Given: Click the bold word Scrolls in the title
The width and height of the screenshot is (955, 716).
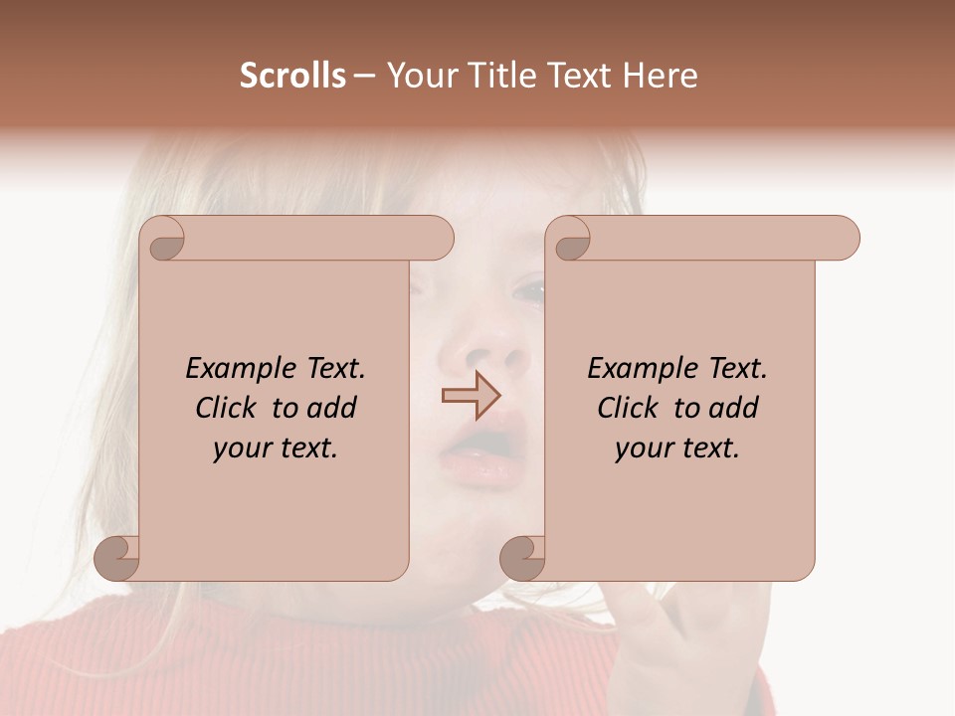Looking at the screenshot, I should pyautogui.click(x=292, y=76).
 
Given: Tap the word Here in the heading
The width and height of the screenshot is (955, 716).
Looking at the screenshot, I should pyautogui.click(x=661, y=76).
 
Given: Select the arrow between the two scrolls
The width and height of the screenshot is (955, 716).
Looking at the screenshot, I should pyautogui.click(x=471, y=395).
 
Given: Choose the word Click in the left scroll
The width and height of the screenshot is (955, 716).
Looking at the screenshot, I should pyautogui.click(x=227, y=408).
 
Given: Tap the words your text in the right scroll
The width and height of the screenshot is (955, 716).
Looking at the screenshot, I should pyautogui.click(x=676, y=448).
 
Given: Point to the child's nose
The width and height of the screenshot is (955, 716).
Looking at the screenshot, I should pyautogui.click(x=487, y=348).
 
